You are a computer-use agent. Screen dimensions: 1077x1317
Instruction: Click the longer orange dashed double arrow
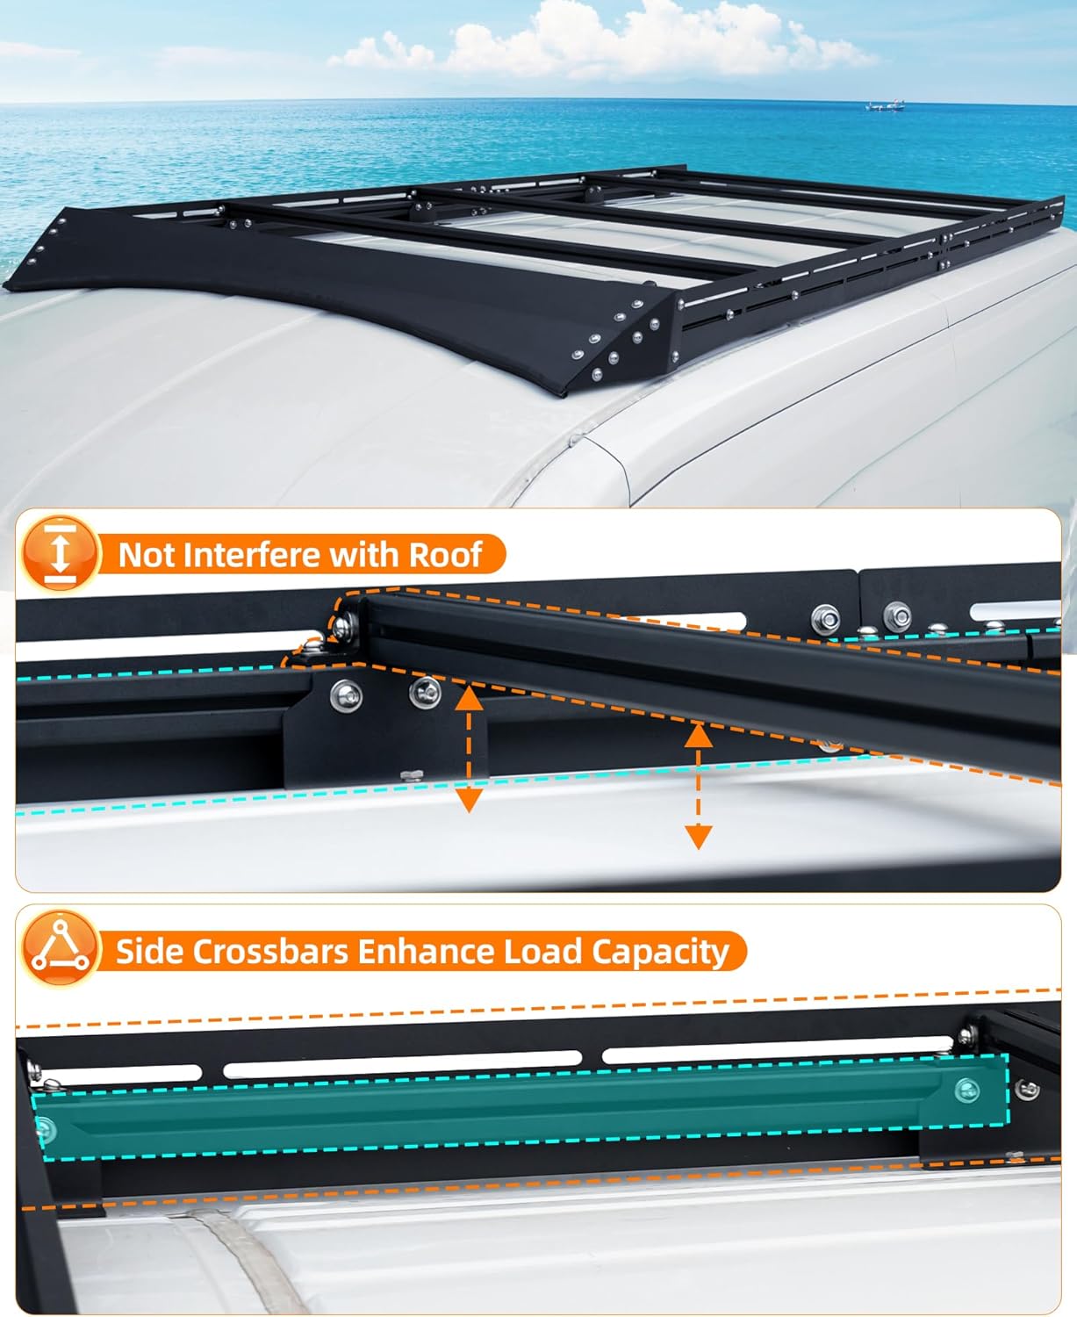698,785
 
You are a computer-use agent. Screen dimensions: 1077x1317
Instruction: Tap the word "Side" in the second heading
146,952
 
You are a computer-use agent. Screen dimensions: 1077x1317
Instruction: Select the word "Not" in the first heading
145,555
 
